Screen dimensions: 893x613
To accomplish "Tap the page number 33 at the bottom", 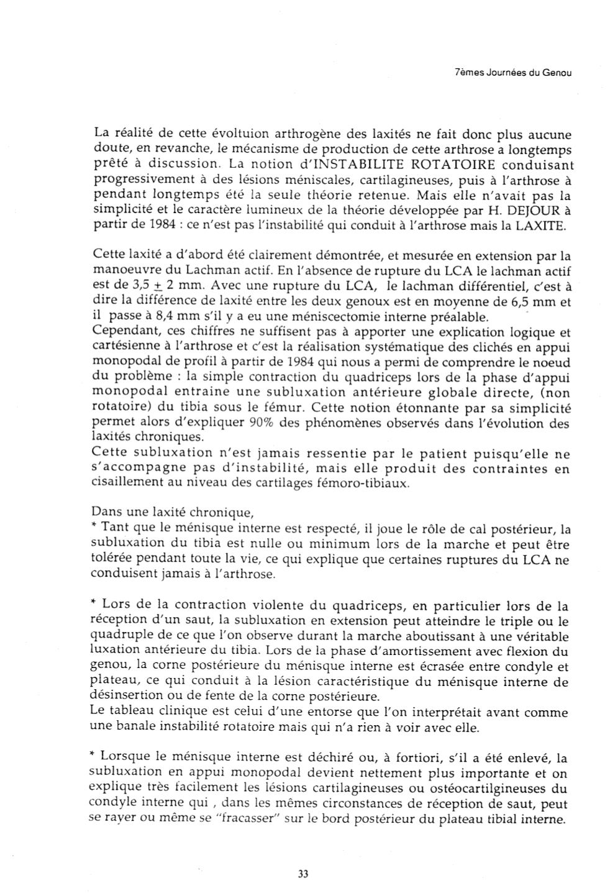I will coord(303,873).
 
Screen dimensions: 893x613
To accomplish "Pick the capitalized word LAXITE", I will coord(540,226).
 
